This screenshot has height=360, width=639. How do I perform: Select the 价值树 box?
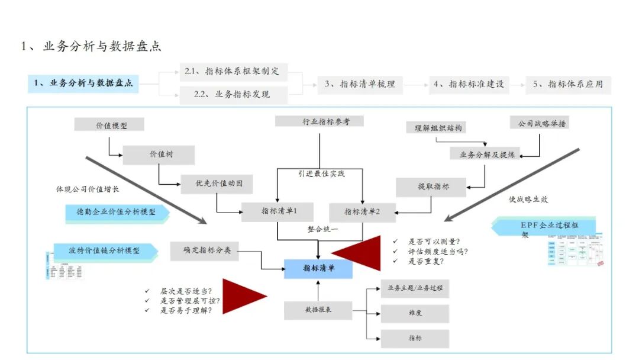159,155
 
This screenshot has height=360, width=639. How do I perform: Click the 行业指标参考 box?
319,122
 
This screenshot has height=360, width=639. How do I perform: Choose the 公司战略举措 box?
540,123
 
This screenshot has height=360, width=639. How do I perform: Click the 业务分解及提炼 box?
487,155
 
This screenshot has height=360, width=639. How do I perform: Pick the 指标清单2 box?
362,211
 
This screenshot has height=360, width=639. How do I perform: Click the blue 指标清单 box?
318,268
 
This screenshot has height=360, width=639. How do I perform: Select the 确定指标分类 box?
204,251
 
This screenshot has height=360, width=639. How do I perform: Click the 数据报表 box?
318,310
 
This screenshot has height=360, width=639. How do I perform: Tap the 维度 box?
415,313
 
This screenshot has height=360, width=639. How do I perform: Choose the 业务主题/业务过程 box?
415,288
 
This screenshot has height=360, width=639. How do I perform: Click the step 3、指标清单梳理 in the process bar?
359,84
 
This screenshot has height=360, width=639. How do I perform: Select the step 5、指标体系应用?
568,84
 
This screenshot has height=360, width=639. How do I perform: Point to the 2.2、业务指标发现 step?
233,94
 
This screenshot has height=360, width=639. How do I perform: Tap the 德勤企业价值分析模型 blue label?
117,211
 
